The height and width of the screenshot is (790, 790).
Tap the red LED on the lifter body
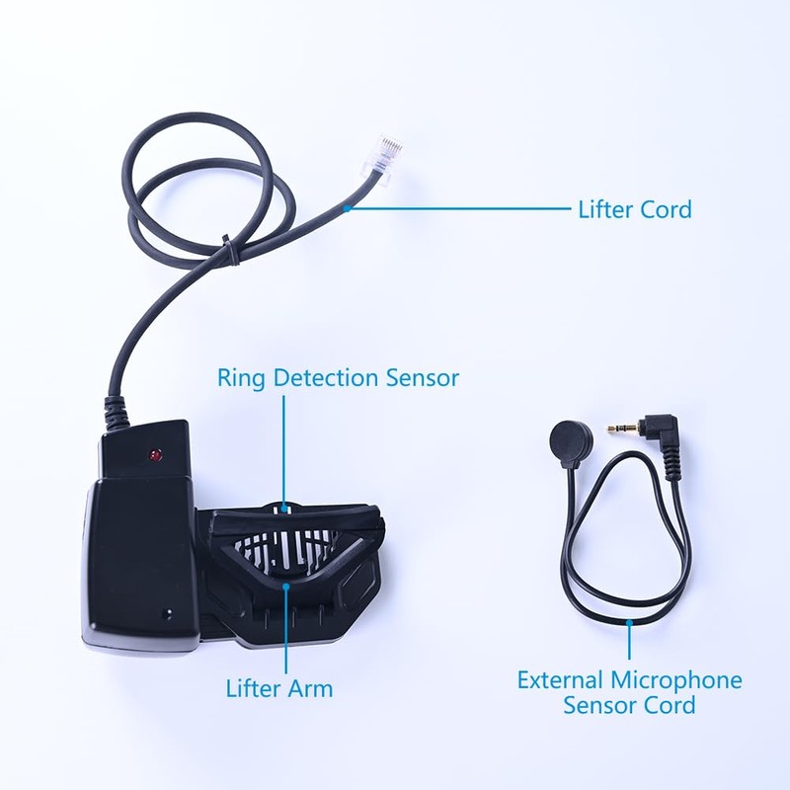point(155,456)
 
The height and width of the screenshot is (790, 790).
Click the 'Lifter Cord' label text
point(634,209)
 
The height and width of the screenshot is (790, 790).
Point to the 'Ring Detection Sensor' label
point(339,378)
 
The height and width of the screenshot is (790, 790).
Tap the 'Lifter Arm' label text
point(278,688)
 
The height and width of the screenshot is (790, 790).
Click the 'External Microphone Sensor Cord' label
point(630,692)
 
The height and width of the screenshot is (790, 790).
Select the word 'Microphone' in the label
point(675,680)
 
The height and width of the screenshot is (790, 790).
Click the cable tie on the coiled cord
point(228,249)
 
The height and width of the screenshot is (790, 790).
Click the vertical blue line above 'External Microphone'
point(630,642)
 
